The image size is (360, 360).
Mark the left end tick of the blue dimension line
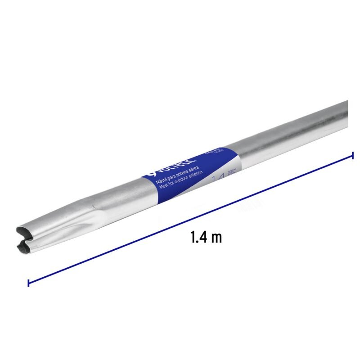pyautogui.click(x=28, y=283)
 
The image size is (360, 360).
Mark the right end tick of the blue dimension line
pyautogui.click(x=353, y=155)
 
